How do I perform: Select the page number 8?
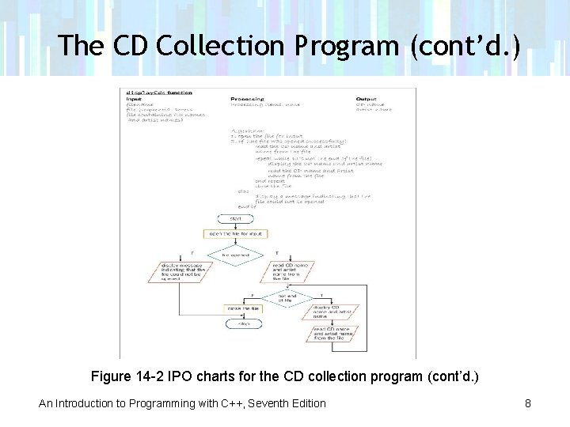(x=528, y=403)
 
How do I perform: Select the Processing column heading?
(x=246, y=98)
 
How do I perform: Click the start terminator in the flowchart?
(x=235, y=217)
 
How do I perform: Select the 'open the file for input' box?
(x=235, y=234)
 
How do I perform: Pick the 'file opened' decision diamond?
(x=235, y=255)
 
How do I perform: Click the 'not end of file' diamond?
(x=287, y=297)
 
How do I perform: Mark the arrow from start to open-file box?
(x=235, y=225)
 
